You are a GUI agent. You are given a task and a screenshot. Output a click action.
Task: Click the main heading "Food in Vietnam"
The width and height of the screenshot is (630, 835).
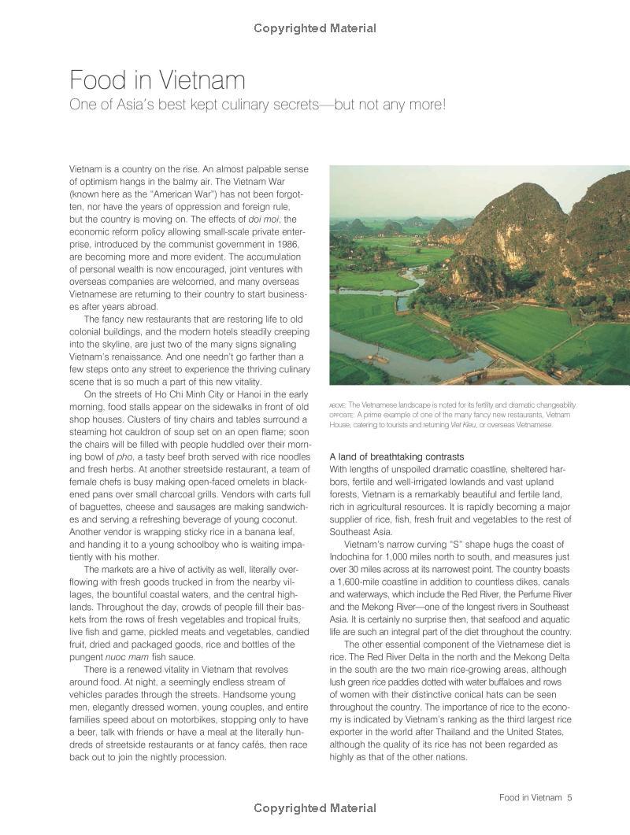coord(157,79)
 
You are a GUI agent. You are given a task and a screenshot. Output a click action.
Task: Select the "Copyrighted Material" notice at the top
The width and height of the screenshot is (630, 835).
coord(315,28)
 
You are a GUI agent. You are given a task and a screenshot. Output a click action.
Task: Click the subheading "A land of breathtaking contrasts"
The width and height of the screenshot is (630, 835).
coord(396,456)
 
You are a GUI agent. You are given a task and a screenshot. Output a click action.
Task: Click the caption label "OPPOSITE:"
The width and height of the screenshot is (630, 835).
coord(342,415)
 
